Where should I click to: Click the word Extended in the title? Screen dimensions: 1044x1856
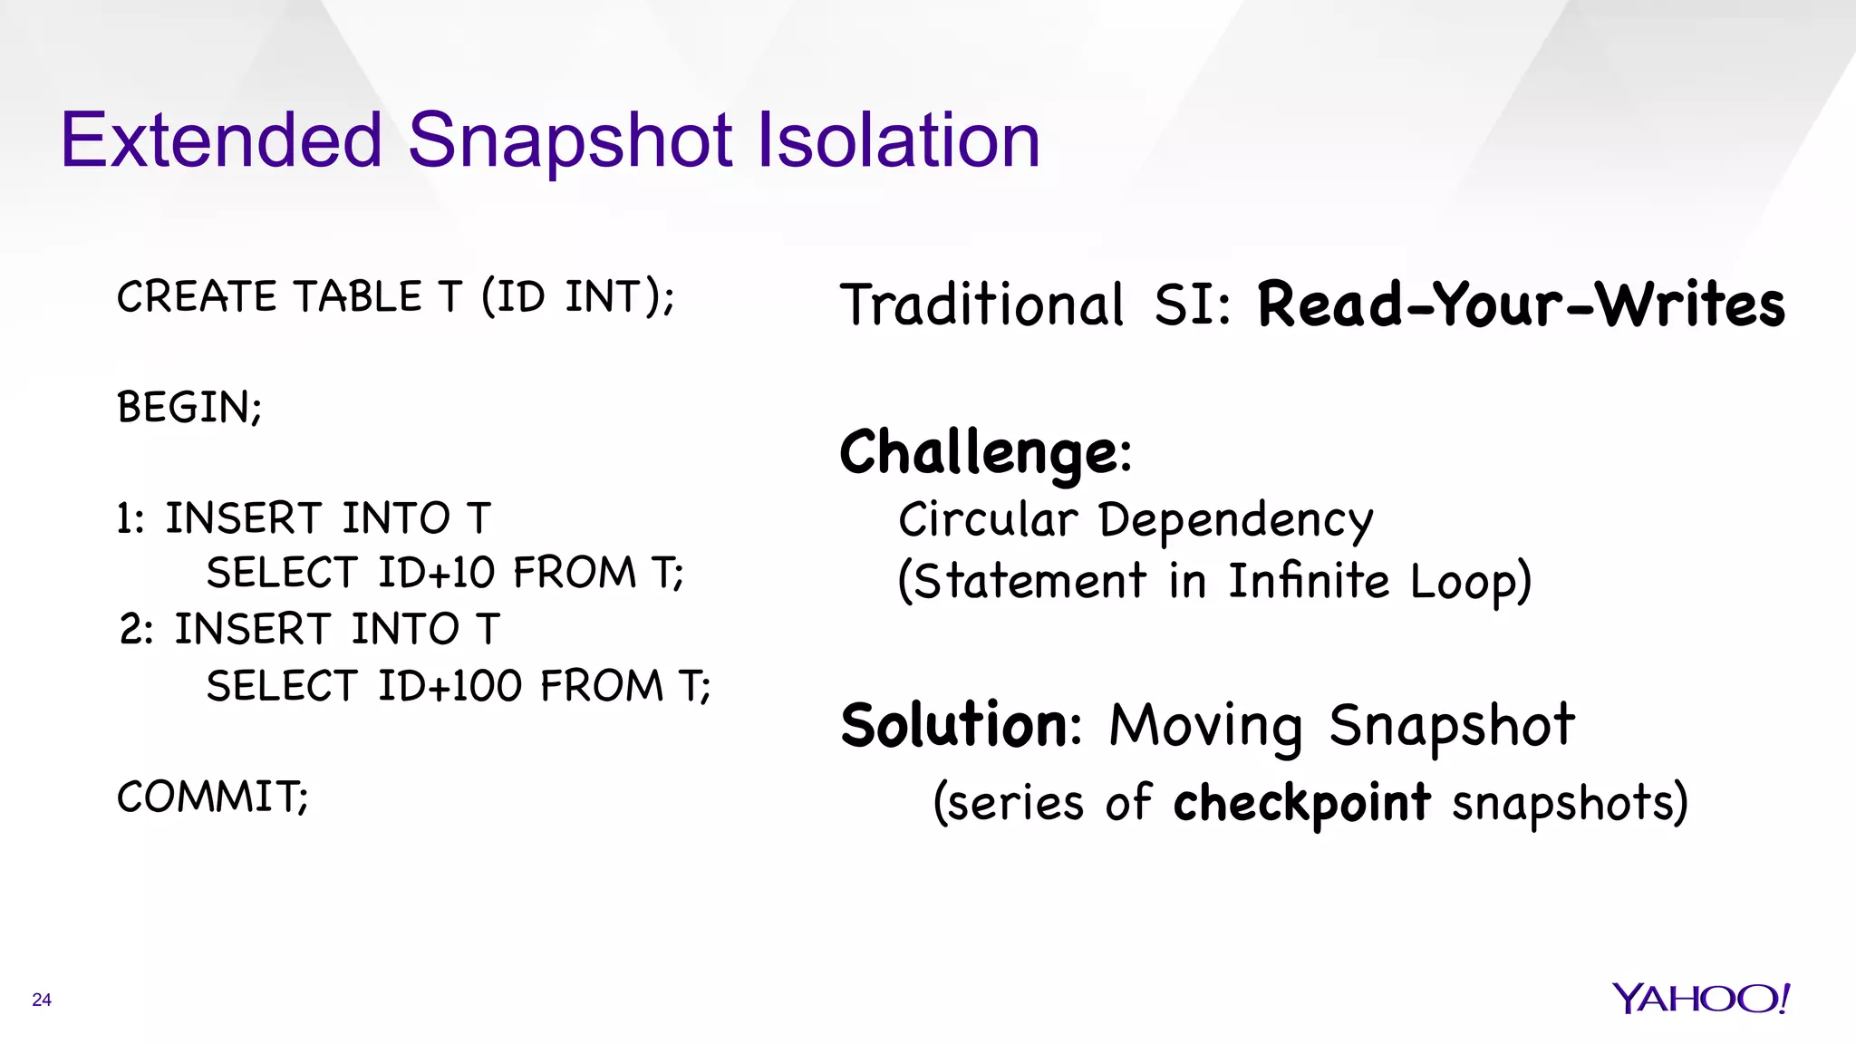221,140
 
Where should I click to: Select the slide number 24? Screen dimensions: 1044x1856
42,1000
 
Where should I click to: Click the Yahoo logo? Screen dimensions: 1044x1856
1701,999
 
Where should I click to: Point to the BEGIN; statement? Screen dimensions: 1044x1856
189,408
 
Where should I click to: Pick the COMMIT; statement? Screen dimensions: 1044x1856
213,797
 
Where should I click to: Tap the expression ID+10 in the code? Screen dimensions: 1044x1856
437,573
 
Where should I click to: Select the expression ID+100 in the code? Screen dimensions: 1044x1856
449,686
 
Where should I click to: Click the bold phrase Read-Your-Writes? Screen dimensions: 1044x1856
1521,304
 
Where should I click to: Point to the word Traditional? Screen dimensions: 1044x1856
982,304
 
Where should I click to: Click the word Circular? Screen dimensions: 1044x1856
988,520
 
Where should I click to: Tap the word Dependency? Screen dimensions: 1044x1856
1235,522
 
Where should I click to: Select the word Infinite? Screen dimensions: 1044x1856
1309,581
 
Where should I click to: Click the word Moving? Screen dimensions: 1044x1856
1206,727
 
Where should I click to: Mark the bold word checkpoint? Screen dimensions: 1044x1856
1301,803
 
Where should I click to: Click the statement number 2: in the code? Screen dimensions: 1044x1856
137,630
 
